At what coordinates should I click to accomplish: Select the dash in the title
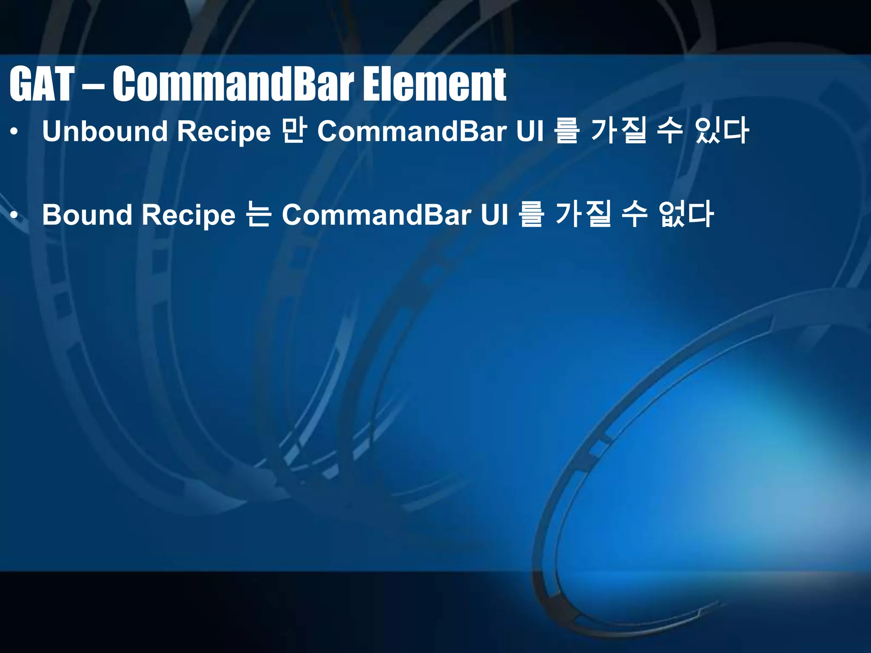pyautogui.click(x=92, y=87)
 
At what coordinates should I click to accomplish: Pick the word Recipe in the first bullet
pyautogui.click(x=224, y=132)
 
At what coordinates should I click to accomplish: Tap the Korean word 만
pyautogui.click(x=293, y=131)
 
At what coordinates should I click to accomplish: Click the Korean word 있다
pyautogui.click(x=721, y=131)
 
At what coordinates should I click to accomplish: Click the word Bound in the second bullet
pyautogui.click(x=87, y=215)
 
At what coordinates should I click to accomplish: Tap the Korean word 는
pyautogui.click(x=258, y=214)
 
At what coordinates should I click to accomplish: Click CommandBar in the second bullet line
pyautogui.click(x=376, y=215)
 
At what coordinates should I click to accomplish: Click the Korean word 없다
pyautogui.click(x=686, y=214)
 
